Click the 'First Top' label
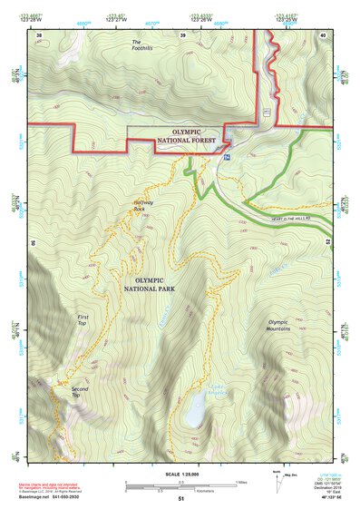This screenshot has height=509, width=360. tap(81, 319)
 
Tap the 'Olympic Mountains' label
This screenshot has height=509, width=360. tap(284, 325)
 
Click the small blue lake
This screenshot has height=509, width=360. tap(193, 414)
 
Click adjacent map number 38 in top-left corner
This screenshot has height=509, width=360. tap(39, 34)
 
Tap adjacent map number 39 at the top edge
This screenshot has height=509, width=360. tap(182, 34)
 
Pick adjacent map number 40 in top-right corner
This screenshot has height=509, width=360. tap(324, 34)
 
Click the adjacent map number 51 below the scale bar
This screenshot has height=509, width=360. tap(181, 498)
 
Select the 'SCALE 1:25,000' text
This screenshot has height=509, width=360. tap(181, 473)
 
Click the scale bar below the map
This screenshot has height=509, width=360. tap(181, 484)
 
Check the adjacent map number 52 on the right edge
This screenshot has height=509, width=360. tap(327, 242)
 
